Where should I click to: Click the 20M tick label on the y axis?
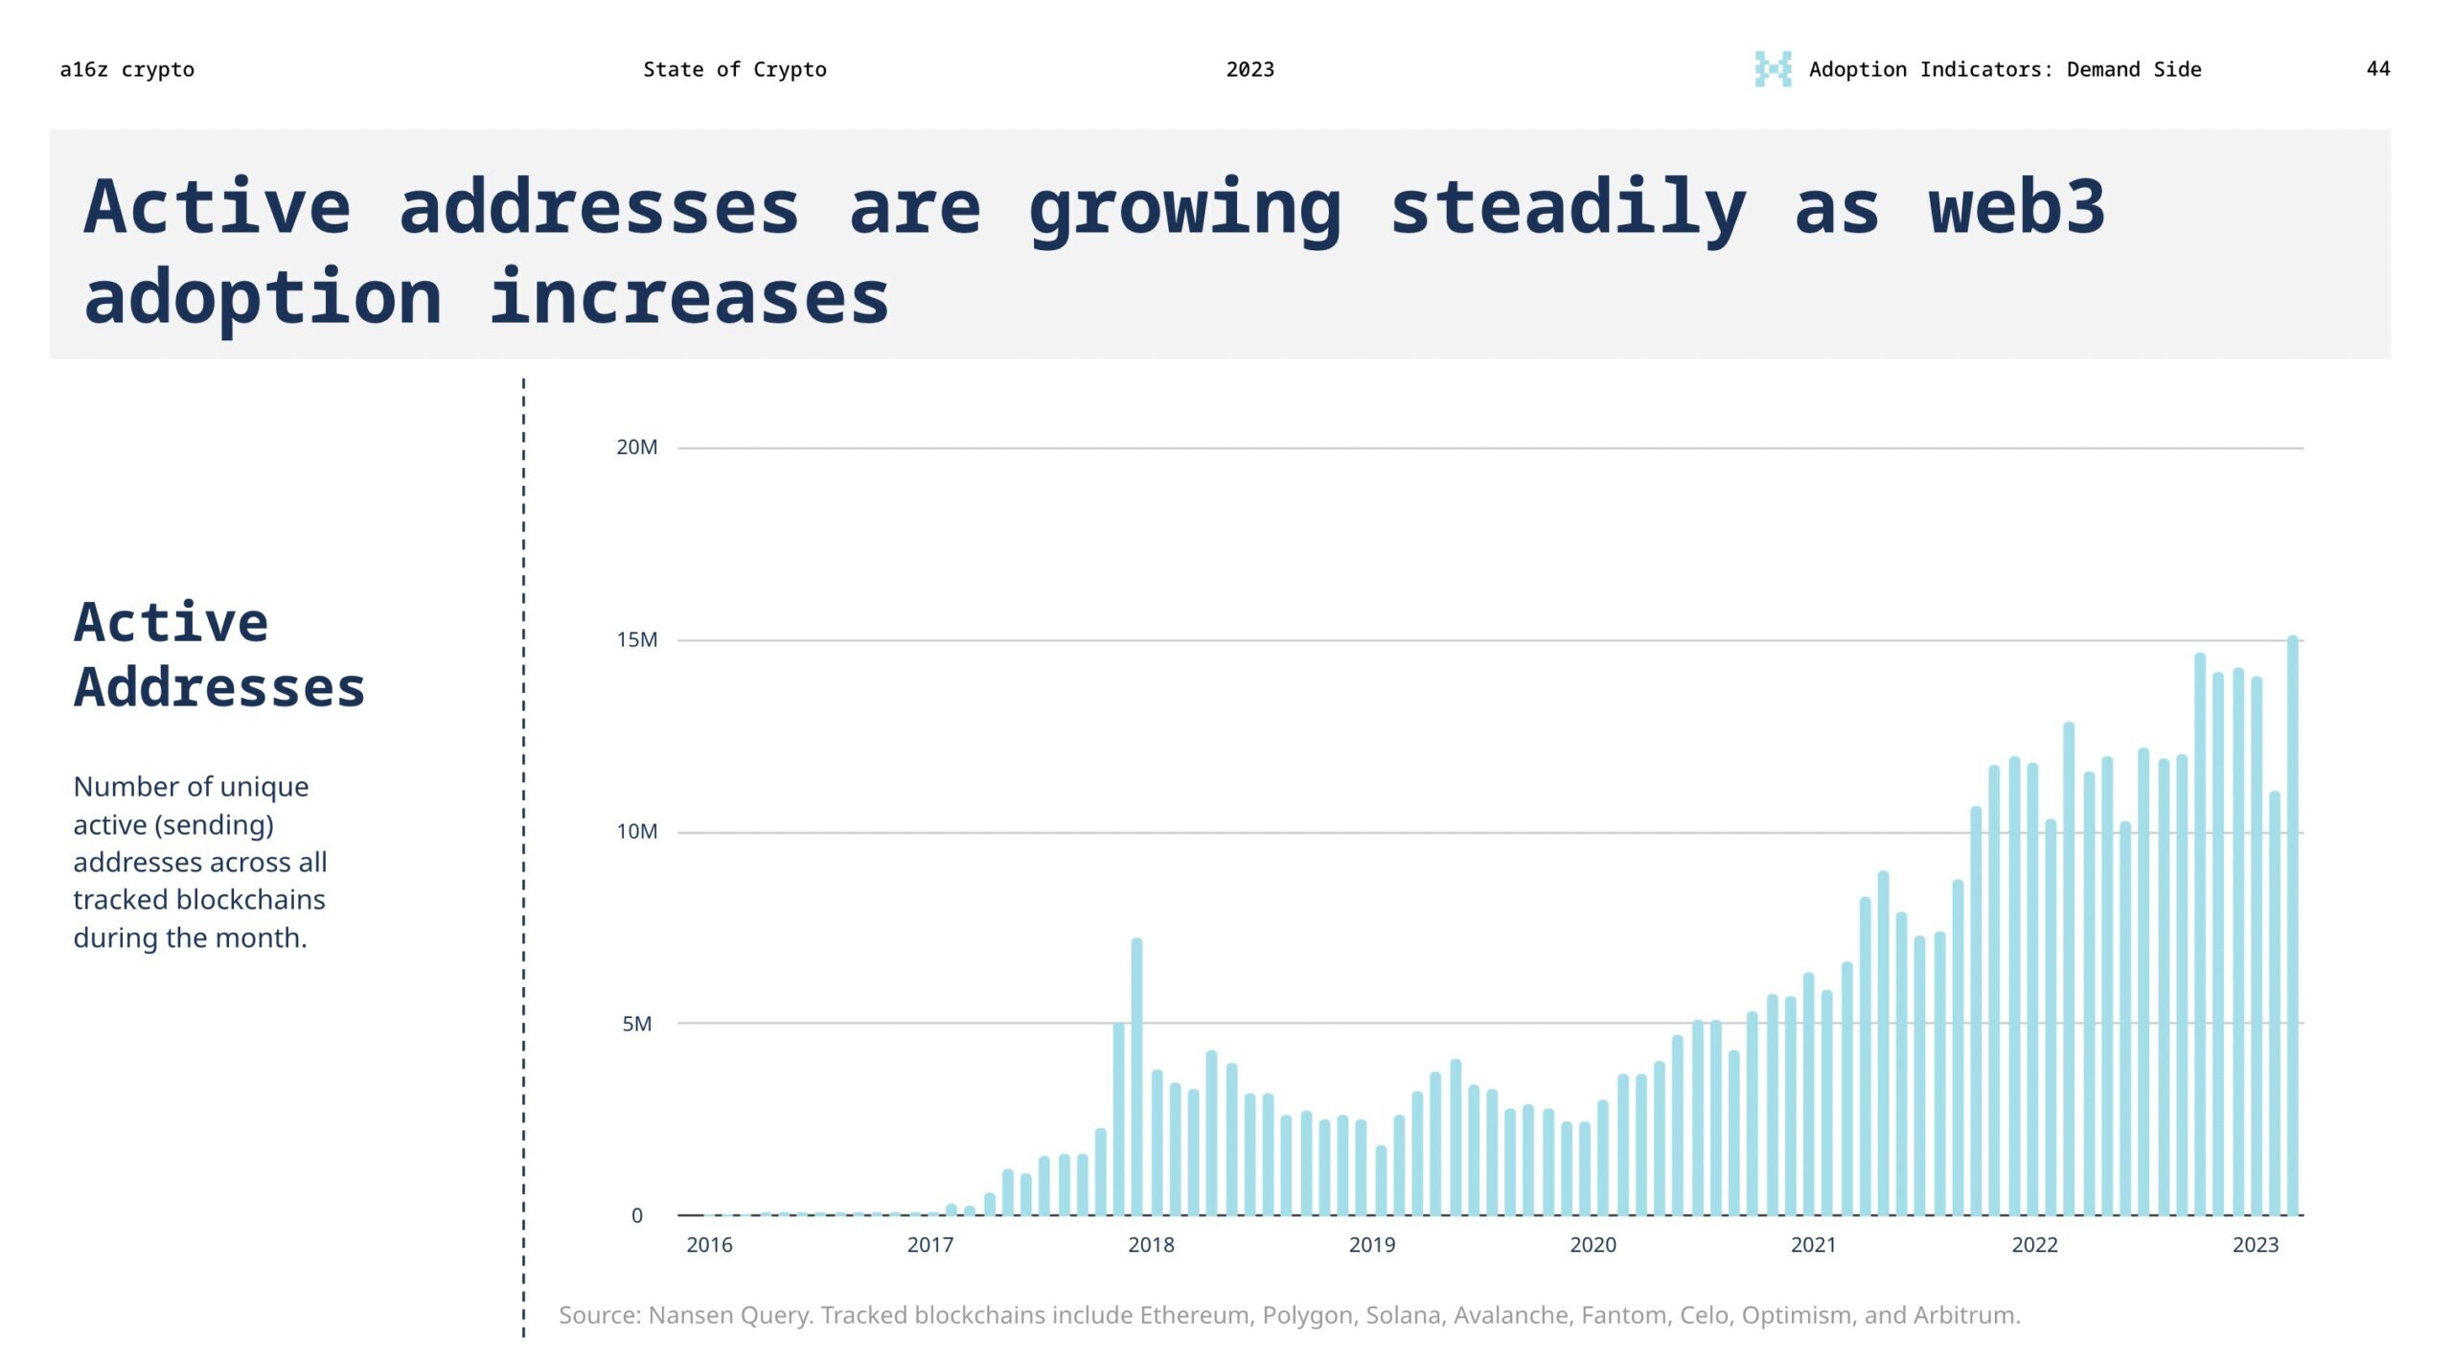point(636,448)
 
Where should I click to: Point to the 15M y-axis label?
point(636,640)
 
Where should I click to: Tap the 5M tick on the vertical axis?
point(636,1024)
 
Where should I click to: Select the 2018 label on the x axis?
point(1150,1245)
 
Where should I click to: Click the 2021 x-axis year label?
point(1813,1245)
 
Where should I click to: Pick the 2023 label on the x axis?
point(2255,1245)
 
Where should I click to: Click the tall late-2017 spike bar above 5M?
point(1136,1073)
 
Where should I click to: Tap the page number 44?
point(2377,69)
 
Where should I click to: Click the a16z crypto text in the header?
point(126,70)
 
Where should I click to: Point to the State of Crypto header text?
point(734,70)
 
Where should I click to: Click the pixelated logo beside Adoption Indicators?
point(1772,69)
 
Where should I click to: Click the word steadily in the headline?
point(1568,209)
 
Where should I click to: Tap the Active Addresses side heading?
point(218,655)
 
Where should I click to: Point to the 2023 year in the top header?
point(1249,70)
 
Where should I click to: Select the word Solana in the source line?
point(1403,1315)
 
